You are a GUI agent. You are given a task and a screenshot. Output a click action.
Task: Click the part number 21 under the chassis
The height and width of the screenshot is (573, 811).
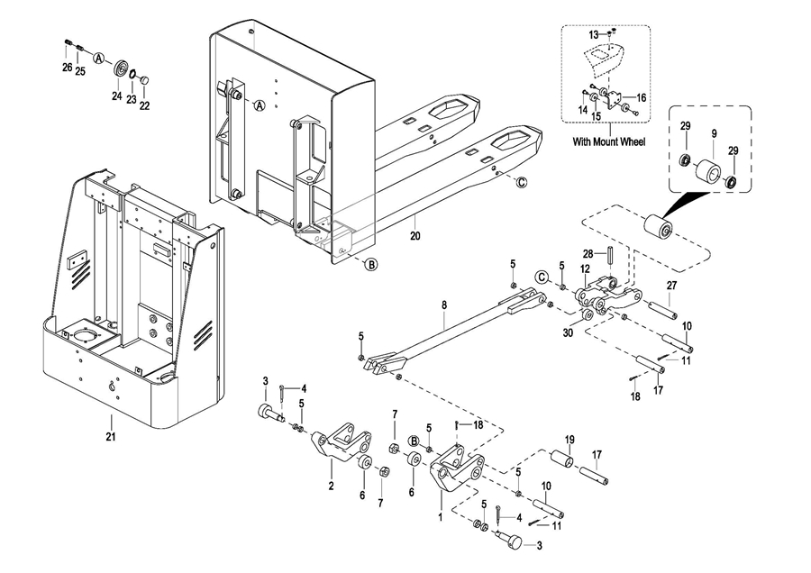111,436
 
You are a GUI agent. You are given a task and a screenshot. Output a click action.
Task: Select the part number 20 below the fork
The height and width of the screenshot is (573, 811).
415,236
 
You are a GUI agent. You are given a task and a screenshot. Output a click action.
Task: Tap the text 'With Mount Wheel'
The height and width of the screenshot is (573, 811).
609,141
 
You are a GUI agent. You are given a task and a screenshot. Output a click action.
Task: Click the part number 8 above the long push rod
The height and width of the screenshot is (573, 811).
443,305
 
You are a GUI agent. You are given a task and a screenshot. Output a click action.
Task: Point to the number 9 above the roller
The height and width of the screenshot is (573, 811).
714,133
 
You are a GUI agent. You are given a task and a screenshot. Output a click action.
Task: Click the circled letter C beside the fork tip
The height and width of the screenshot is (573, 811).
522,182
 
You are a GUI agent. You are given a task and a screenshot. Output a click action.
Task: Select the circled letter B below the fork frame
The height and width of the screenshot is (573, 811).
371,265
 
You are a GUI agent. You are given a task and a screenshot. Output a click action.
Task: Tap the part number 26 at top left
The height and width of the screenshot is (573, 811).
68,68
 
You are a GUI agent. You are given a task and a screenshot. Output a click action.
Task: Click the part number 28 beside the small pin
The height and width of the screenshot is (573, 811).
588,254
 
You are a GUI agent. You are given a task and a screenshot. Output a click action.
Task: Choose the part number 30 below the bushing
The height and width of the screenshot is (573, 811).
568,333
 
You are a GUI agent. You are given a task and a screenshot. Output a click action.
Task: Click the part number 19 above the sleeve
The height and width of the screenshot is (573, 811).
570,440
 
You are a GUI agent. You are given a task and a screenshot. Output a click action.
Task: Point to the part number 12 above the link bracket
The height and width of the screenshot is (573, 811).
585,268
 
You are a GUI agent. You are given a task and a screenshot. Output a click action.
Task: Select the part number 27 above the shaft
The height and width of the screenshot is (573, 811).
671,286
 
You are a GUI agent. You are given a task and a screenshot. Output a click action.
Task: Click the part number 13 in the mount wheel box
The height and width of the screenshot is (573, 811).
594,34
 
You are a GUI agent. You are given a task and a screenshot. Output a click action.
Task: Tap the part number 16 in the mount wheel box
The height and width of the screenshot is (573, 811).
642,97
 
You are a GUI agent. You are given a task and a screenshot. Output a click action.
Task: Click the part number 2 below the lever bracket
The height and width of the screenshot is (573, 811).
331,486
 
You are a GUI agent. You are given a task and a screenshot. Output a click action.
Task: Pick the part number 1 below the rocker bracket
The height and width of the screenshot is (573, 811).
441,516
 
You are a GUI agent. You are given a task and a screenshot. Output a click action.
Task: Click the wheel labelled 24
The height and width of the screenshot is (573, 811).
122,69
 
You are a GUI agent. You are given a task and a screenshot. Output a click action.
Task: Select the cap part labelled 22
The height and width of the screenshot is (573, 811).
146,80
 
